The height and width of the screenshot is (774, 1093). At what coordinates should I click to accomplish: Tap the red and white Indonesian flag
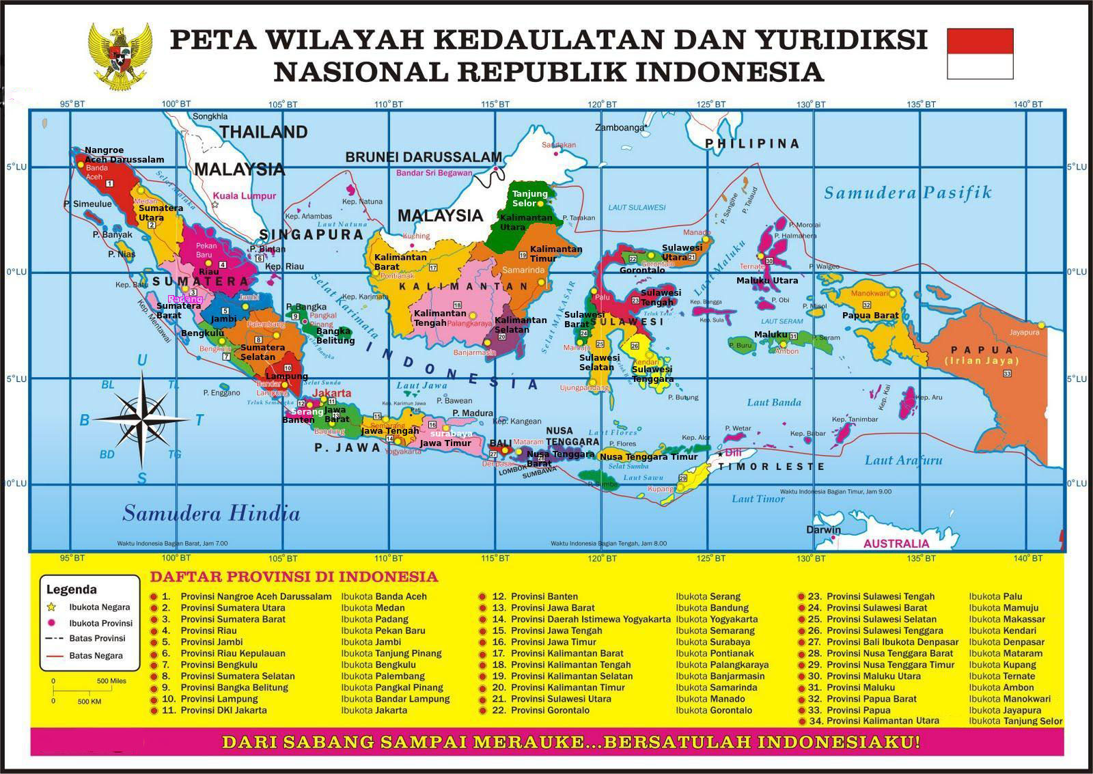[980, 53]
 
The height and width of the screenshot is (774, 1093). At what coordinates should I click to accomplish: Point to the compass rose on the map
[142, 417]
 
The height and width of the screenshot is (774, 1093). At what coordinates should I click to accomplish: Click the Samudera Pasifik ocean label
[907, 193]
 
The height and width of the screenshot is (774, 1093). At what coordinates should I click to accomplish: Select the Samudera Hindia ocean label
[211, 513]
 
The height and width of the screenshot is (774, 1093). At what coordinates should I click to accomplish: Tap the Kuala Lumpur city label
[249, 195]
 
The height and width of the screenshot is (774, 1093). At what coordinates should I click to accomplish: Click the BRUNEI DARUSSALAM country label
[424, 157]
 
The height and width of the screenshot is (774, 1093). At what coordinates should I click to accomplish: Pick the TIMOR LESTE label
[772, 467]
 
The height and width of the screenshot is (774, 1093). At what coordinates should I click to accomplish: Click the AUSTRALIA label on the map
[896, 544]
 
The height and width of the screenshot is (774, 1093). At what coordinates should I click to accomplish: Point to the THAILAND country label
[264, 132]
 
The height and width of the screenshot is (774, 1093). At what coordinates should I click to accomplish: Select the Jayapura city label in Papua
[1024, 332]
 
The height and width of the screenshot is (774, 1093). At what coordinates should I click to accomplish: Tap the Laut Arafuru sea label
[903, 460]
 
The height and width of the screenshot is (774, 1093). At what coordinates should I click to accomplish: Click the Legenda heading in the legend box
[71, 590]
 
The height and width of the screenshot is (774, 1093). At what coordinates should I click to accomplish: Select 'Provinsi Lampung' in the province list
[219, 699]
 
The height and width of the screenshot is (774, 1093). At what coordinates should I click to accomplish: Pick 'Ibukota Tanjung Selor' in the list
[1015, 721]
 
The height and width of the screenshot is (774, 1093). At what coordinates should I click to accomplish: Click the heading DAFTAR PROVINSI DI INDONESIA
[294, 577]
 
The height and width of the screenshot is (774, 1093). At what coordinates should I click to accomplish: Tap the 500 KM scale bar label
[89, 702]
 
